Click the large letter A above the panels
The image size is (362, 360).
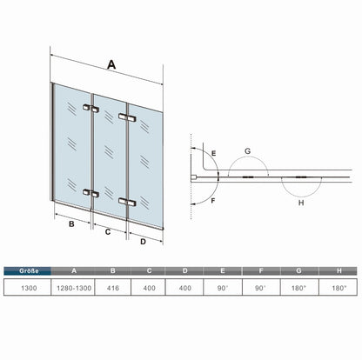[x=111, y=64]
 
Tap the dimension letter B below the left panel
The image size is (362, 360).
[x=71, y=224]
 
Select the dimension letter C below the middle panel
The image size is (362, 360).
[x=108, y=232]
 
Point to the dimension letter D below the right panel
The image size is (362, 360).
[x=143, y=242]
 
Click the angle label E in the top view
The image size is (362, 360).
[x=214, y=153]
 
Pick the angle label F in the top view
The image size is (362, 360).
[x=213, y=201]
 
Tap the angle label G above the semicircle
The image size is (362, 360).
[x=247, y=151]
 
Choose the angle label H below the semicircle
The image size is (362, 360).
[x=301, y=203]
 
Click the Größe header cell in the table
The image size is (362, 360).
[x=28, y=271]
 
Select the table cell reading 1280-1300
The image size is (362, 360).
[x=74, y=288]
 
